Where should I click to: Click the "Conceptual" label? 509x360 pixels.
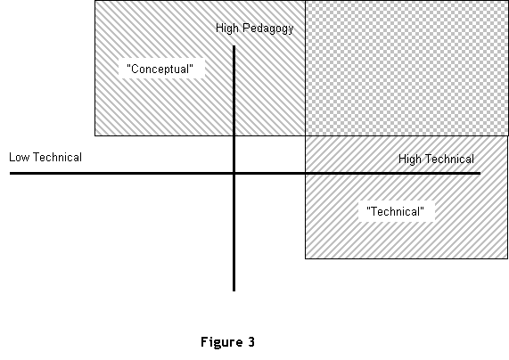(160, 69)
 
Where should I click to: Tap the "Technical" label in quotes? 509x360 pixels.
(396, 212)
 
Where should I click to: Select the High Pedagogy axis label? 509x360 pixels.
(255, 29)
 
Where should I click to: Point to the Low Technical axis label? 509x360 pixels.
(45, 157)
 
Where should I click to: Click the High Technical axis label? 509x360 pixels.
(436, 160)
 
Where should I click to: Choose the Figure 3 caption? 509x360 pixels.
(228, 342)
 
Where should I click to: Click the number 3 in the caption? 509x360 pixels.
(251, 341)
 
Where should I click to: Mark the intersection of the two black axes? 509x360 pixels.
(234, 174)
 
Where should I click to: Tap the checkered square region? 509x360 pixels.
(406, 68)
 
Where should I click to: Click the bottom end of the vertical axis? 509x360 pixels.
(234, 290)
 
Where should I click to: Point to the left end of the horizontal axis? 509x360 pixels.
(11, 174)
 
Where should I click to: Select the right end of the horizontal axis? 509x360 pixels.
(480, 174)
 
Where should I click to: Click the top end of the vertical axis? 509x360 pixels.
(234, 46)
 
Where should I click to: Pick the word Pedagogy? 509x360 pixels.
(268, 29)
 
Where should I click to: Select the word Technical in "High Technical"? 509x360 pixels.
(450, 160)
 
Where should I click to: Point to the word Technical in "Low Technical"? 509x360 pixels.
(58, 157)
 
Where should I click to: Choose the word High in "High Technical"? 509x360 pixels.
(410, 160)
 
